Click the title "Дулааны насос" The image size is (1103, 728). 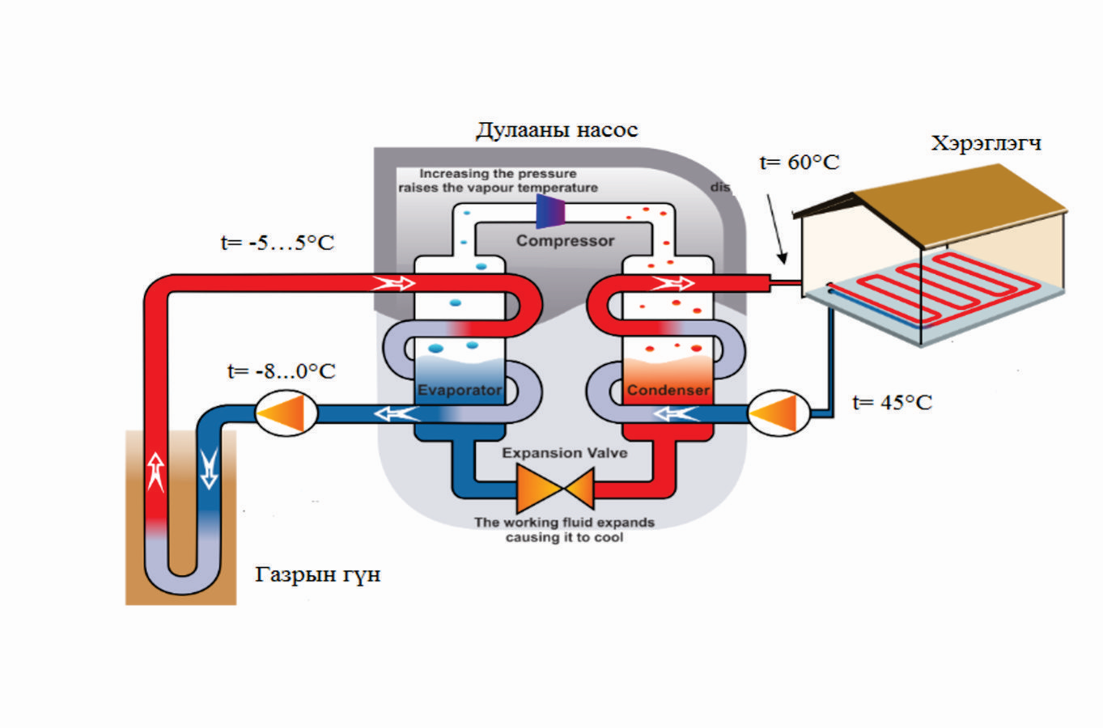coord(557,130)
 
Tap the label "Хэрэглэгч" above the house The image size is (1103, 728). coord(986,144)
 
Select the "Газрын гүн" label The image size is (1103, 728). coord(317,575)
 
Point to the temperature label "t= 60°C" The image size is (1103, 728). coord(799,163)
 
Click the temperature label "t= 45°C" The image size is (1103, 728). coord(892,403)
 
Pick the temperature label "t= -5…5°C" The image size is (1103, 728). coord(277,243)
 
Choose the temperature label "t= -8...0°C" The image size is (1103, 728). coord(281,371)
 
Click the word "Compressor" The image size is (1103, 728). coord(565,241)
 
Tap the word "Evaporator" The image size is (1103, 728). coord(460,391)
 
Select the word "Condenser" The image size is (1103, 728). coord(668,391)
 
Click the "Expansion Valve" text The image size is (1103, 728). coord(564,453)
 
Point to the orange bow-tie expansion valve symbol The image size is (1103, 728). coord(555,489)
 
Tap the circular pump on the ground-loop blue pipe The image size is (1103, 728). coord(286,413)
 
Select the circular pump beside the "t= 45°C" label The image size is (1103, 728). coord(778,413)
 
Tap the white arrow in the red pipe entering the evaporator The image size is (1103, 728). coord(393,283)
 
